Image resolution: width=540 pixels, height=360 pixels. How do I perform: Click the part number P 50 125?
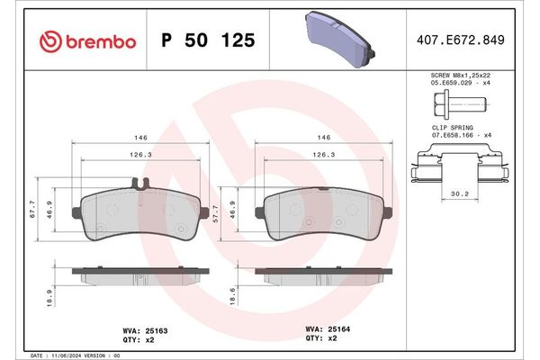tap(207, 41)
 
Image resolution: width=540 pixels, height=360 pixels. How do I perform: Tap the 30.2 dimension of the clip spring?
tap(458, 193)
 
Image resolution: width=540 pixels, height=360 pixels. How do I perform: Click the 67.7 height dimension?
tap(31, 210)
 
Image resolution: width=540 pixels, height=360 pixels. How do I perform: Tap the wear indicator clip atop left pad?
tap(139, 185)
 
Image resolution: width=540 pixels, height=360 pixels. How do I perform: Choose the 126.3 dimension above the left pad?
tap(137, 155)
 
